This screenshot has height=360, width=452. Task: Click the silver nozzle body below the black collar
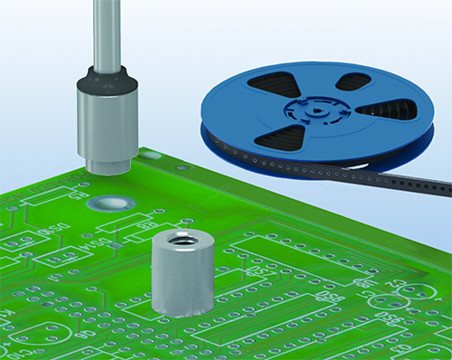(x=107, y=127)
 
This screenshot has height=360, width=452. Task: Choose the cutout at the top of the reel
(x=353, y=81)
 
